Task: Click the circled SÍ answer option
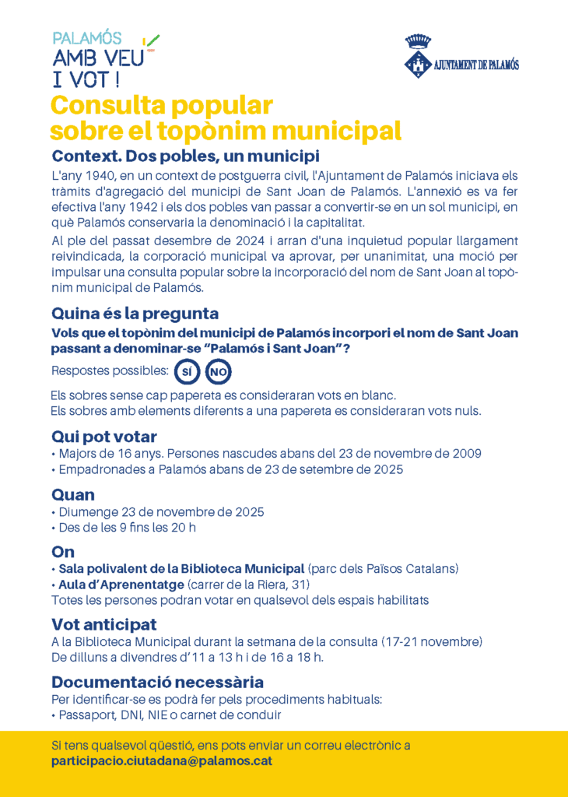pos(187,373)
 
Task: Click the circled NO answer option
pos(219,373)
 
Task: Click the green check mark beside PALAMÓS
pos(152,39)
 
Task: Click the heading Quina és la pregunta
pos(135,314)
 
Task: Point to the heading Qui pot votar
pos(104,437)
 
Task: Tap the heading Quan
pos(73,494)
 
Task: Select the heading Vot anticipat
pos(104,624)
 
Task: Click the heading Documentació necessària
pos(158,682)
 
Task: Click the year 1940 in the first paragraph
pos(95,177)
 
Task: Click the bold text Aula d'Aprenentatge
pos(121,585)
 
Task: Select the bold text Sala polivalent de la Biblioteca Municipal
pos(181,568)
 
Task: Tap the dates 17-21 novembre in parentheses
pos(432,641)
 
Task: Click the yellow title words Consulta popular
pos(161,105)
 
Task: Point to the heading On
pos(63,552)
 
